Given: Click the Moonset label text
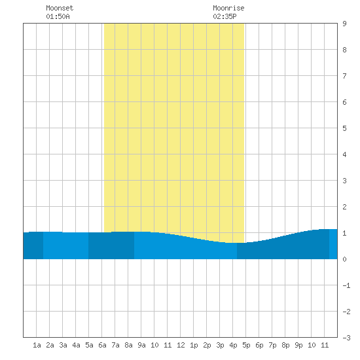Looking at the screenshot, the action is (60, 8).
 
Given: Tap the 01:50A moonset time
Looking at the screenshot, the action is (58, 16).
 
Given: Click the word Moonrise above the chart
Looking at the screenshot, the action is (228, 8).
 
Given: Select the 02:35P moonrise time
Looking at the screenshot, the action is (225, 16).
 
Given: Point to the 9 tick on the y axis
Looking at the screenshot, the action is (344, 24).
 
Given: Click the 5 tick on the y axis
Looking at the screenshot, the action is (344, 128).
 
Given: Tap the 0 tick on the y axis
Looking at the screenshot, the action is (344, 259).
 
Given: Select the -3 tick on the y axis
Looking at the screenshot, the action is (346, 338).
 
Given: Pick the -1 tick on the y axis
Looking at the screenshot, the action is (346, 285).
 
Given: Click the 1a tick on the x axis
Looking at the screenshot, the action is (37, 345).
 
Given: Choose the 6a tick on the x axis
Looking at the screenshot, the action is (102, 345).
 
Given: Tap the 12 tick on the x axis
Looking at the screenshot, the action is (181, 345).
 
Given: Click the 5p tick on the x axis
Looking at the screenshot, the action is (246, 345).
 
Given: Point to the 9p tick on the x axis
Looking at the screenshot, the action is (298, 345).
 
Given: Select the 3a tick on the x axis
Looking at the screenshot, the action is (63, 345).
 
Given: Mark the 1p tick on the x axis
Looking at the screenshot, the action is (194, 345).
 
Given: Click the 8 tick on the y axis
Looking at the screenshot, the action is (344, 50).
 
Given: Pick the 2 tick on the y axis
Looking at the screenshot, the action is (344, 207).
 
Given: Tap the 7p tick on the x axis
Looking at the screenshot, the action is (272, 345).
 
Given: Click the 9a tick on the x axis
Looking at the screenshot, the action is (141, 345).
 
